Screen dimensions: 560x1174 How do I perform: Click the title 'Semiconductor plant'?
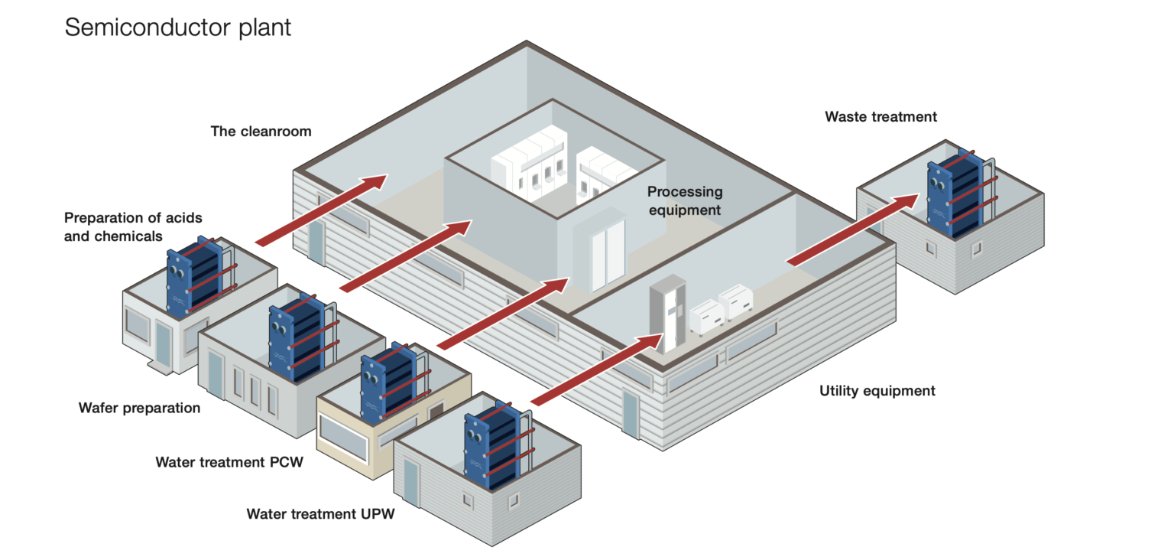point(178,28)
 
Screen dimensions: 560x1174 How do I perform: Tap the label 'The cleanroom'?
point(261,132)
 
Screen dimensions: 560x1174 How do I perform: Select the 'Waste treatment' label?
point(880,117)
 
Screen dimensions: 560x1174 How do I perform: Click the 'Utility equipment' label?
point(877,391)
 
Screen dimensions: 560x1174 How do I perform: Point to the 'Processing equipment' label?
point(684,200)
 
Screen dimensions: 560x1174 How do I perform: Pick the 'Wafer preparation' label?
point(139,408)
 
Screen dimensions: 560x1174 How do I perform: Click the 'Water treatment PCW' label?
point(229,462)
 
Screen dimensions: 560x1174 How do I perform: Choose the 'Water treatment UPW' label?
point(320,514)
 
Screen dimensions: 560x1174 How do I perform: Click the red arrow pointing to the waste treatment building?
point(852,230)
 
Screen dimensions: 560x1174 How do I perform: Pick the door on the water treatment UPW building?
point(411,484)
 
